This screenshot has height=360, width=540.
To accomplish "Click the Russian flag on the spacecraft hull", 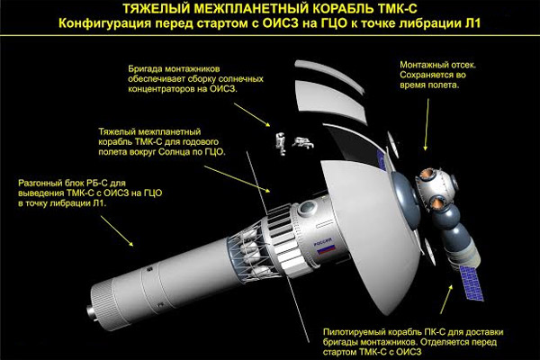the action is pos(327,249).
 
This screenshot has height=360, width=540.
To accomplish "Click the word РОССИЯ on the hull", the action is pos(323,241).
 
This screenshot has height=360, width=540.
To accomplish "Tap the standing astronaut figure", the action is pos(282,143).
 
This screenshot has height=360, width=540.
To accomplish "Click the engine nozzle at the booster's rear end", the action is pos(90,311).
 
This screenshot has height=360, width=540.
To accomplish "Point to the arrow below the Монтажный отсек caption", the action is pos(427,125).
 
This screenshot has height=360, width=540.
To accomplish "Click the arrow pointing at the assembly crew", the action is pos(252,114).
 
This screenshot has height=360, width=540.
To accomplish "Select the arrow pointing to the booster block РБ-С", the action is pos(117,230).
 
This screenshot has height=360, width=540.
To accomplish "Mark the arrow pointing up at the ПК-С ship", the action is pos(446,299).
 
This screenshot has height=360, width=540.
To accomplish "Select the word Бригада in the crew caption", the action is pos(145,69).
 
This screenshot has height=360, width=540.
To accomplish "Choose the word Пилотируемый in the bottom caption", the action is pos(355,332).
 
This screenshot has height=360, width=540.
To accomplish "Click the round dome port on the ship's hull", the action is pos(308,208).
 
